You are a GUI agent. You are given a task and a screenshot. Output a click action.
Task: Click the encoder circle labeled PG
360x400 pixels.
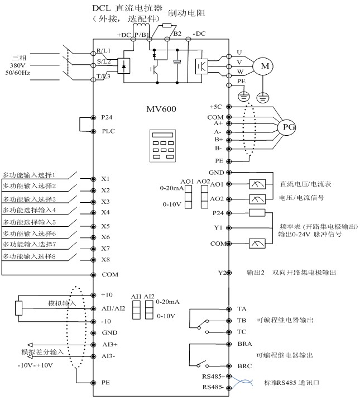(x=289, y=127)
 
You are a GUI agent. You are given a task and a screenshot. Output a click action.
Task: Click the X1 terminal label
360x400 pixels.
(x=105, y=179)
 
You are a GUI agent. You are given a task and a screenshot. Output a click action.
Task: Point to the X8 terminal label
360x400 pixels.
(x=105, y=259)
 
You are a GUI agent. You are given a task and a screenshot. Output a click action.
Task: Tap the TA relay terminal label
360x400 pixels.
(x=241, y=308)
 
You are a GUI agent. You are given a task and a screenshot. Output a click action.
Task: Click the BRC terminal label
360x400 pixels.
(x=243, y=366)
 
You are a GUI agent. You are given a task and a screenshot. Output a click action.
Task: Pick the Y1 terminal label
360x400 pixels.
(x=218, y=227)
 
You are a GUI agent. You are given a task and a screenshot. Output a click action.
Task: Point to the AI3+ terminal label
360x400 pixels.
(x=108, y=345)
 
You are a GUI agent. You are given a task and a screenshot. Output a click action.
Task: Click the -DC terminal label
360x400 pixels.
(x=199, y=34)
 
